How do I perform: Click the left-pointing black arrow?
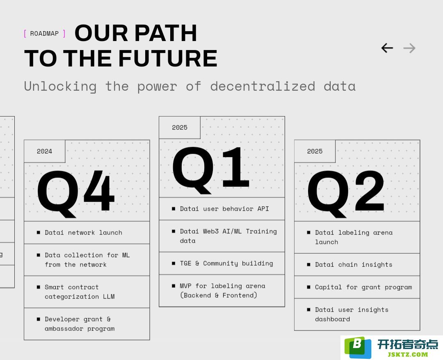(x=387, y=48)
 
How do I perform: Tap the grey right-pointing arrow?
(x=409, y=48)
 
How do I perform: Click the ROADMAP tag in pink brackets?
(x=45, y=34)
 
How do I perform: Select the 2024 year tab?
(x=45, y=151)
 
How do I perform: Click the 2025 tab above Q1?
(x=180, y=128)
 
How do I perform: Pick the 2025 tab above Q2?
(x=315, y=151)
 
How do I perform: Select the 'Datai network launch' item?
(x=84, y=233)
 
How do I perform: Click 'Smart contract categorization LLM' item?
(x=80, y=292)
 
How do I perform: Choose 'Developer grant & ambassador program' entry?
(x=80, y=324)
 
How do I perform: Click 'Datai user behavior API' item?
(x=224, y=209)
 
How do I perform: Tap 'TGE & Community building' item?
(x=226, y=264)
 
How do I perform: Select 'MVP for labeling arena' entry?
(x=223, y=286)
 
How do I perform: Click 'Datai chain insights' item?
(x=354, y=265)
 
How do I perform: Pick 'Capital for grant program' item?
(x=363, y=287)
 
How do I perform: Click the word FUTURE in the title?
(x=168, y=58)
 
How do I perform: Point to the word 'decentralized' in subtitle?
(x=263, y=86)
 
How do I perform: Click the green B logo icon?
(x=358, y=347)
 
